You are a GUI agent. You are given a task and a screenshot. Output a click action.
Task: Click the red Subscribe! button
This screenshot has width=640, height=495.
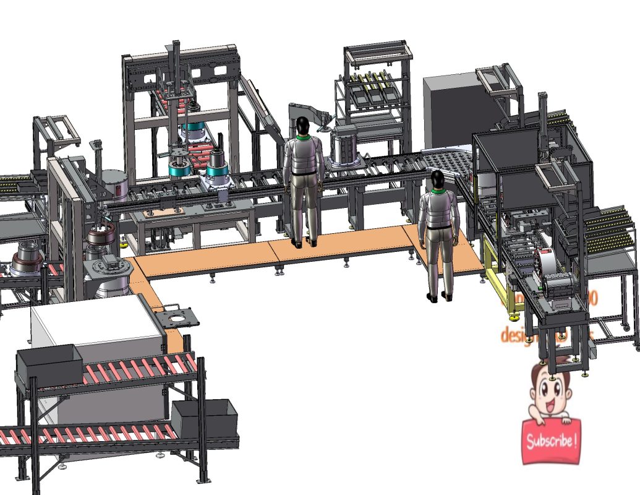[x=551, y=441]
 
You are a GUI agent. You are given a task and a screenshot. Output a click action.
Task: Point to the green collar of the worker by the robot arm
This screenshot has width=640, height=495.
[x=303, y=137]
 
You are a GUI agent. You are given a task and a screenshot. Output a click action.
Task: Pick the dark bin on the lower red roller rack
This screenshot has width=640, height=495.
[x=204, y=418]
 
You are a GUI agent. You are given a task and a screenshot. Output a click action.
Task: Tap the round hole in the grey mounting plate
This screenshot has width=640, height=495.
[x=179, y=319]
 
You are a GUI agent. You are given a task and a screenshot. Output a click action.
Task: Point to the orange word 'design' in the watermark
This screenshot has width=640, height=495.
[x=516, y=335]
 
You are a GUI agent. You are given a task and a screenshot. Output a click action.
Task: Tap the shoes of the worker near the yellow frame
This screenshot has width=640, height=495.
[x=440, y=298]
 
